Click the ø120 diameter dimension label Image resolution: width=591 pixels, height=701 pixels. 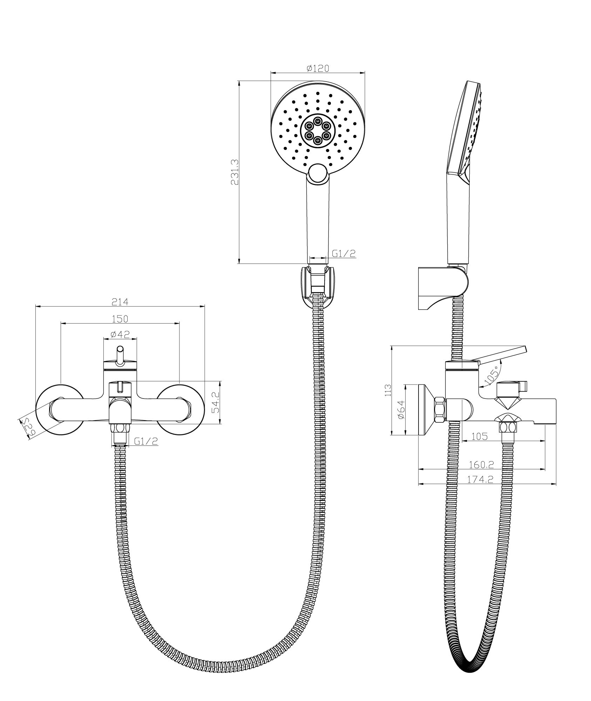pos(318,68)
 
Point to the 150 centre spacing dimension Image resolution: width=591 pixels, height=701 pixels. pos(120,319)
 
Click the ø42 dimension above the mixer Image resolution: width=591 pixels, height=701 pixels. pos(120,334)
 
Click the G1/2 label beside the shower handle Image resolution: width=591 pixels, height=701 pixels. pos(344,253)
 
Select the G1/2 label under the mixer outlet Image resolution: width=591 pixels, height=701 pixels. pos(146,441)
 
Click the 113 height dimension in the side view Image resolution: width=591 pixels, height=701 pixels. pos(387,390)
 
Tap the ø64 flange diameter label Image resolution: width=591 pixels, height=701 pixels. pos(401,409)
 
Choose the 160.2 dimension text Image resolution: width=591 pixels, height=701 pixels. pos(481,465)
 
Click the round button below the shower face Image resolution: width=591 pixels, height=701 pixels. pos(318,172)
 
